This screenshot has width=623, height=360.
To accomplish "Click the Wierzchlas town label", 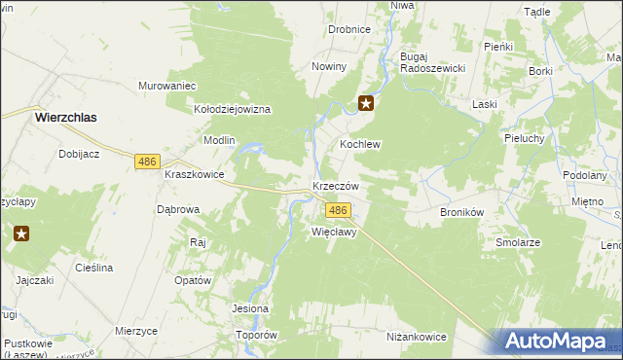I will (x=70, y=116).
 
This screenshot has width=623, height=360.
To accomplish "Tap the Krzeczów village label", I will (x=336, y=186).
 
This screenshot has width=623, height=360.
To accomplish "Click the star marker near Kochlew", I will (x=366, y=104).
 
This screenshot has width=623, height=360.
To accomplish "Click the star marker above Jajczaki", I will (x=20, y=234).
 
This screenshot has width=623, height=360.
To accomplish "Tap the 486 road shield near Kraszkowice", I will (x=148, y=162).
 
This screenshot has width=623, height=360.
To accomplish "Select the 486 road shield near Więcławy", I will (x=338, y=211).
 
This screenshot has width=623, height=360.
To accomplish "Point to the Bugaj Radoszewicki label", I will (x=434, y=62).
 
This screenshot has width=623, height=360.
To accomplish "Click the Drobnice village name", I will (x=348, y=29).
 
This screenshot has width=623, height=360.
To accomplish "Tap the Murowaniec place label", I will (x=167, y=85).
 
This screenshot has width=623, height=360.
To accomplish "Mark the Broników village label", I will (x=462, y=211).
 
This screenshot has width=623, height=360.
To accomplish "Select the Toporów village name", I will (x=257, y=335).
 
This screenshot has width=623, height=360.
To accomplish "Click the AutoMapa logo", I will (x=555, y=342).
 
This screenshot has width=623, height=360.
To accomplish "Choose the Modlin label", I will (x=219, y=140).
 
